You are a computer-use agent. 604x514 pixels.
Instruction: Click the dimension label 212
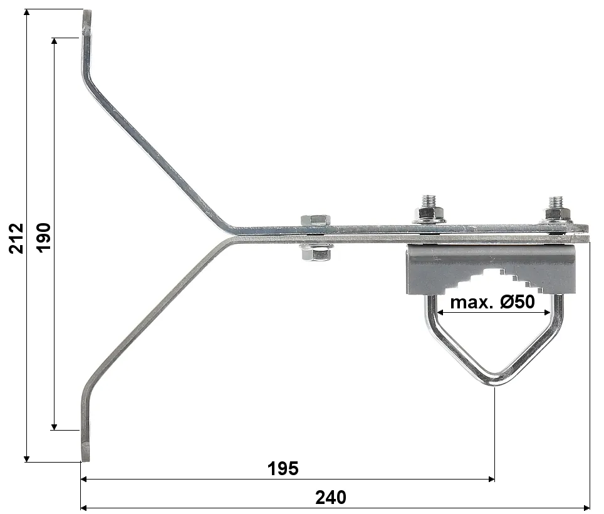tap(16, 238)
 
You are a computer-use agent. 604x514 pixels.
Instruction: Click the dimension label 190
tap(44, 236)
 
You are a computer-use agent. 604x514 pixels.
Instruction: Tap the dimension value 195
tap(283, 468)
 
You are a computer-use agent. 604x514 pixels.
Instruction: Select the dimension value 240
tap(330, 498)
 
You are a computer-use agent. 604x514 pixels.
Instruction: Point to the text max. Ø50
tap(492, 302)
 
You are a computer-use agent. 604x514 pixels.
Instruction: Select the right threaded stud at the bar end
tap(556, 204)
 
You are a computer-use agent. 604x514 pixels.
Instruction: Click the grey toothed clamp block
tap(491, 268)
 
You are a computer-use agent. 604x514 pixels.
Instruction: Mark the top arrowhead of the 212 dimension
tap(27, 13)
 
